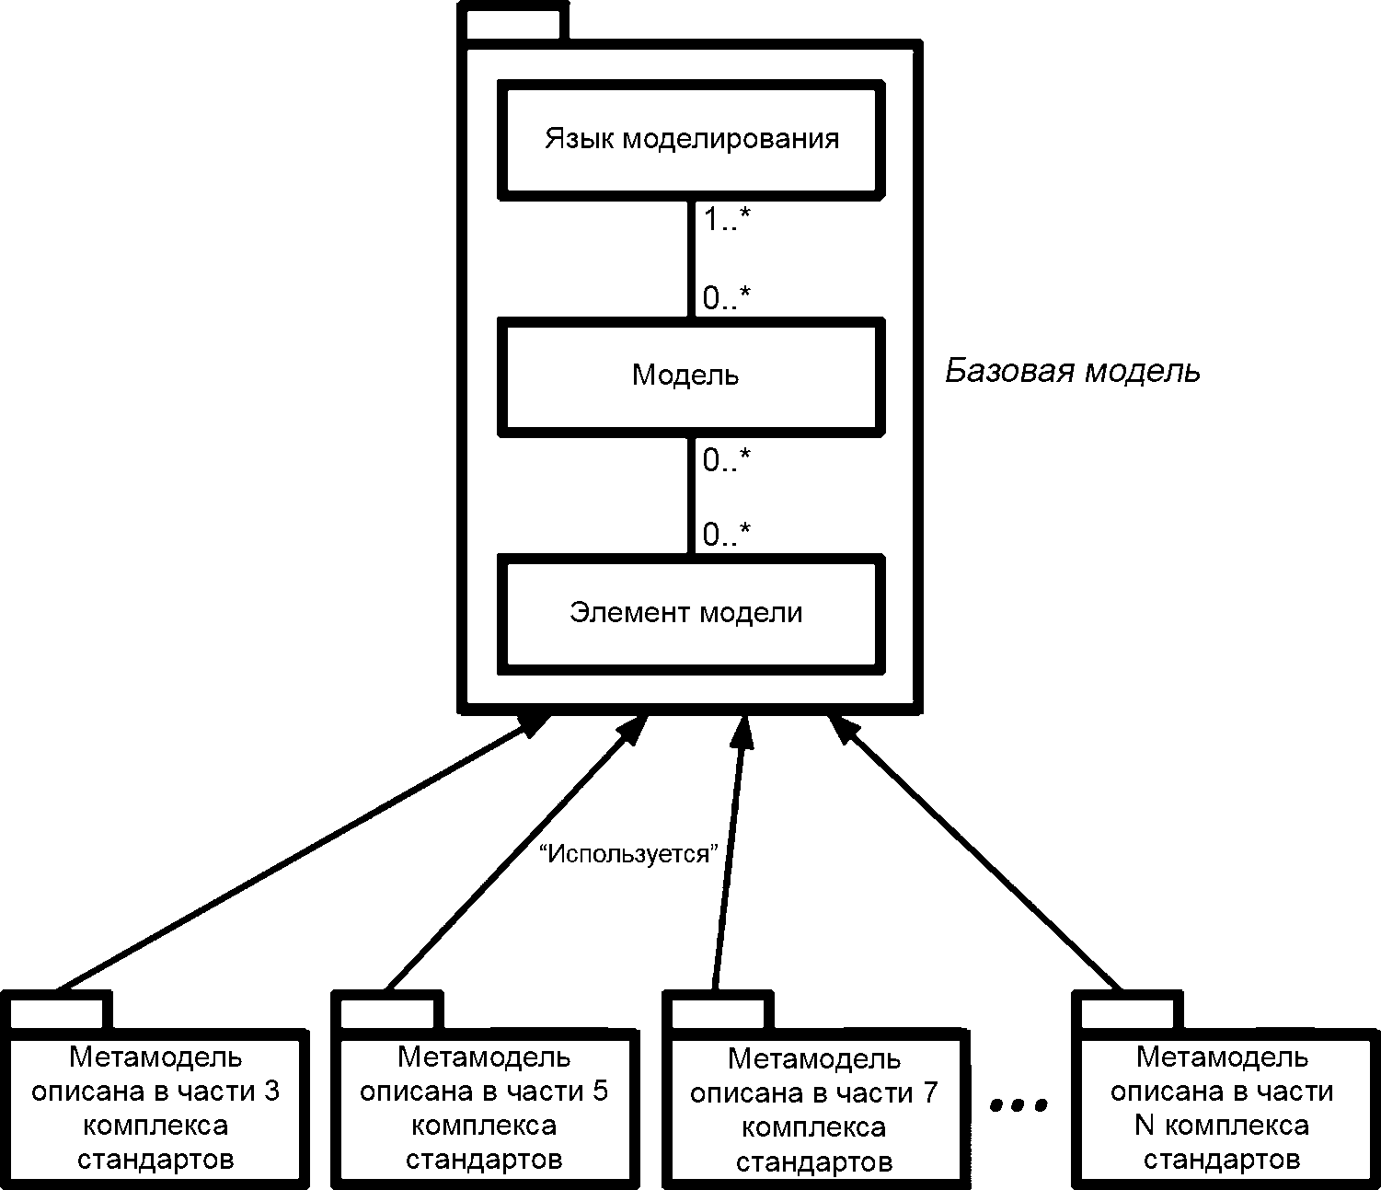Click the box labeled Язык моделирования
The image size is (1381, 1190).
(x=692, y=140)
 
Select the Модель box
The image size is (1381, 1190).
(x=692, y=377)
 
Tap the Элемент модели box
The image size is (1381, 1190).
(x=692, y=614)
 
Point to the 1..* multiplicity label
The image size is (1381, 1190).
(x=727, y=219)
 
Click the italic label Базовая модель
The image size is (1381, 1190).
(x=1073, y=371)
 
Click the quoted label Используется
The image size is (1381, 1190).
(x=628, y=853)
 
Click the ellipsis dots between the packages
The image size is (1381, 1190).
(x=1018, y=1106)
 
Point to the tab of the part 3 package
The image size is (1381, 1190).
(x=57, y=1011)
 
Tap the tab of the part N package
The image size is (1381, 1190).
(x=1127, y=1011)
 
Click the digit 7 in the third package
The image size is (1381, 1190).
(x=930, y=1093)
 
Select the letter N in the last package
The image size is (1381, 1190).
(x=1145, y=1126)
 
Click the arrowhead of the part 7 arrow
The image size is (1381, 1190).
(x=742, y=732)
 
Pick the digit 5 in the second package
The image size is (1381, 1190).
(x=599, y=1092)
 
